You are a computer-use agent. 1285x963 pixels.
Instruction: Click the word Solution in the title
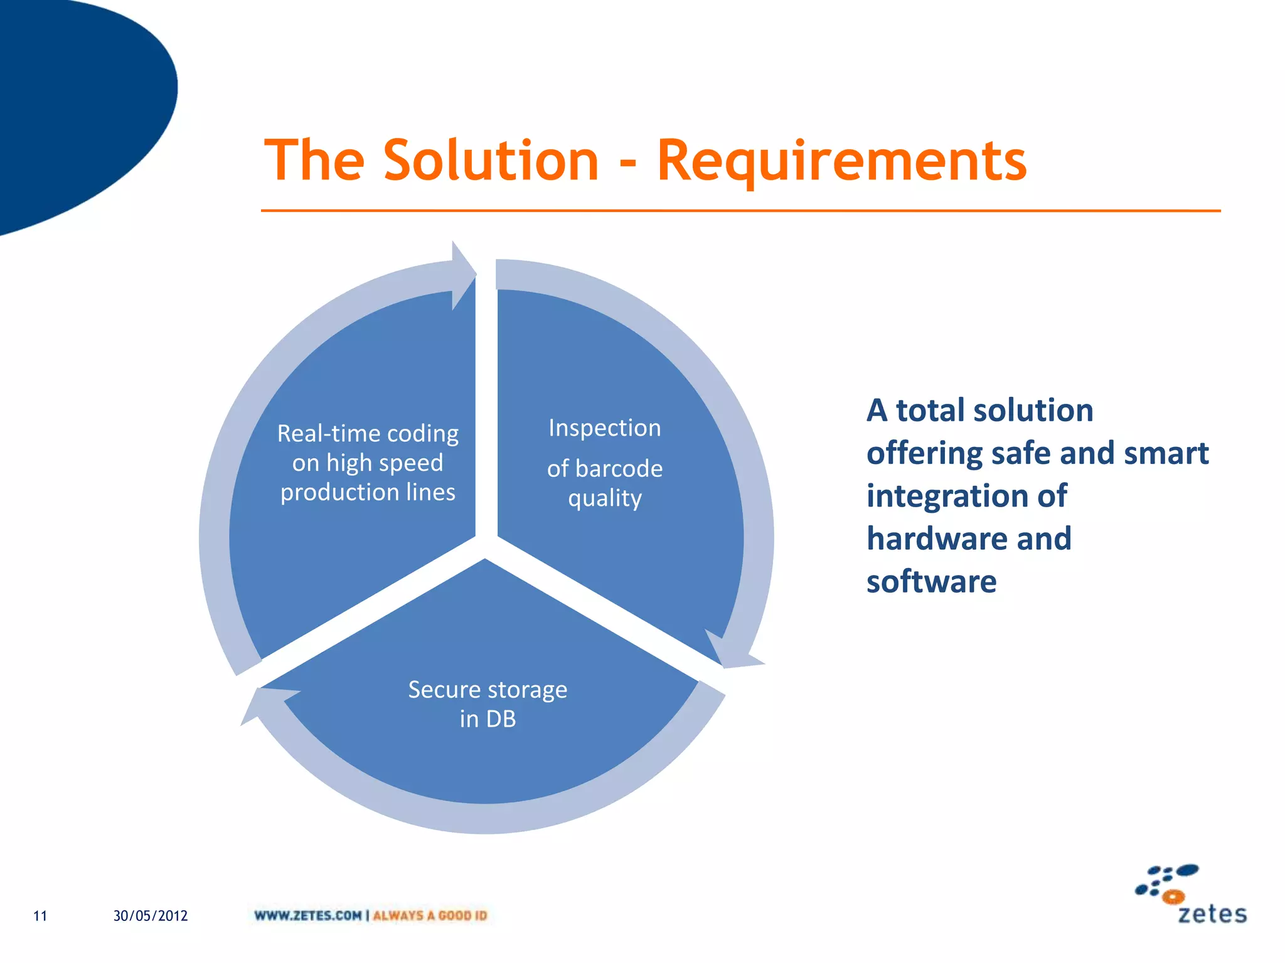click(x=491, y=160)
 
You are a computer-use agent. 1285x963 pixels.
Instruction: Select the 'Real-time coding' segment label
click(x=368, y=434)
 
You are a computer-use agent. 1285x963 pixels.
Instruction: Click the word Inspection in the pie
click(x=604, y=428)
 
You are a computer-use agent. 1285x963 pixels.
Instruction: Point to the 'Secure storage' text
click(x=488, y=690)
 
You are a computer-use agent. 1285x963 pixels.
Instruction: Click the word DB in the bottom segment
click(x=501, y=719)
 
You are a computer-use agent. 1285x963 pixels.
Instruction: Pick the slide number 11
click(x=40, y=916)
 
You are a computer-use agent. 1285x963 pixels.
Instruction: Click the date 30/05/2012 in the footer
click(x=151, y=916)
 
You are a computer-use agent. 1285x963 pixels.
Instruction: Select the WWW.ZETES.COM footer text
click(x=307, y=916)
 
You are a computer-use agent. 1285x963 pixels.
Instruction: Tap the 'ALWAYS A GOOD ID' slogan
click(x=430, y=916)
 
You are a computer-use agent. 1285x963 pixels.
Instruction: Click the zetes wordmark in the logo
click(x=1212, y=914)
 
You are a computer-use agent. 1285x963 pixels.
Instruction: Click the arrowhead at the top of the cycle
click(x=463, y=275)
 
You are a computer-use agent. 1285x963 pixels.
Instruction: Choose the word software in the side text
click(x=931, y=581)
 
